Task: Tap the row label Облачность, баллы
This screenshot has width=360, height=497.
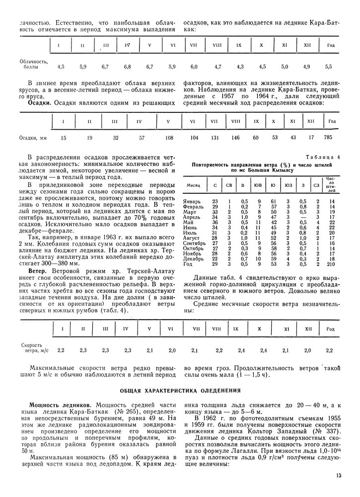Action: pos(33,64)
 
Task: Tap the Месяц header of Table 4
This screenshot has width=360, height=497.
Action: pos(193,184)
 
